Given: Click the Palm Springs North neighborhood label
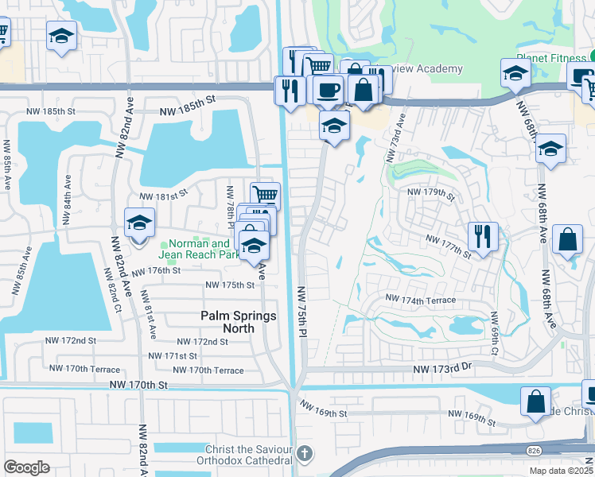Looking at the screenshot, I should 239,322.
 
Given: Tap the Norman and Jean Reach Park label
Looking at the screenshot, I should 199,250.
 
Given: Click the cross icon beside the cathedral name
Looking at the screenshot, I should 303,455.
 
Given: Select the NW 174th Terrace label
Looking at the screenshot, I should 421,300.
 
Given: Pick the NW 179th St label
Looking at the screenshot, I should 430,192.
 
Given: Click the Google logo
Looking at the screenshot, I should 26,467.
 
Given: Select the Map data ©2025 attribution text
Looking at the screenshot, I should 562,471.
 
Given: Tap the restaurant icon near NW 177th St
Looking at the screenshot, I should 483,235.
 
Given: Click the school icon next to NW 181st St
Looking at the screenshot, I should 139,223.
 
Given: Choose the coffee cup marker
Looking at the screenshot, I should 327,90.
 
